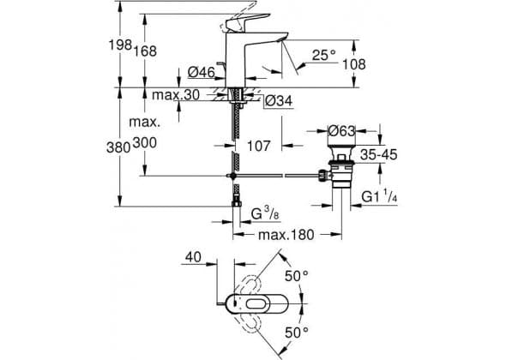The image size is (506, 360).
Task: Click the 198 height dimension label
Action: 120,45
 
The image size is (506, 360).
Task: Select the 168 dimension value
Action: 145,51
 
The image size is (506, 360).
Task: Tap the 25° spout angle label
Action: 323,55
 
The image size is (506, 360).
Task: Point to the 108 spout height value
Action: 354,64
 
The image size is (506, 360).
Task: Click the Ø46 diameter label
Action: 202,72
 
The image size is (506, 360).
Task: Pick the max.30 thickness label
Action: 176,95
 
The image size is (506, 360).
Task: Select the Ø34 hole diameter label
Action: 279,101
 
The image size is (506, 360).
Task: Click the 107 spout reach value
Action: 258,146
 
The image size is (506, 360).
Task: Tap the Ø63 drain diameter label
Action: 341,131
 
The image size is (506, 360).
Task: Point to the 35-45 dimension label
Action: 378,154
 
